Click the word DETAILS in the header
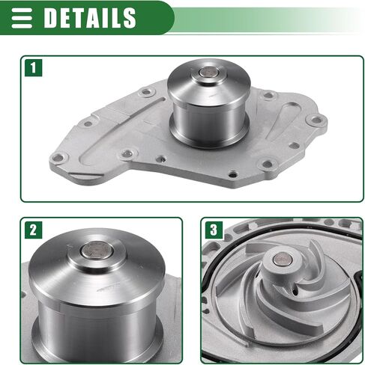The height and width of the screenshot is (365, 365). [90, 17]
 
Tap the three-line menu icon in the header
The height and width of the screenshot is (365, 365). [22, 18]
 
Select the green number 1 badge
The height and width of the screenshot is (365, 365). [34, 67]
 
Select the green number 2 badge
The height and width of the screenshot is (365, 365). [34, 230]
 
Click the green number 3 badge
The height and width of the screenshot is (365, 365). [214, 230]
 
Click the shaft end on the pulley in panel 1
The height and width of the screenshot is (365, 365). [209, 73]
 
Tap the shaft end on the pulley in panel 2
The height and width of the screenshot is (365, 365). [97, 251]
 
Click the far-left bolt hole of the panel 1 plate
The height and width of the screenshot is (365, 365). [58, 158]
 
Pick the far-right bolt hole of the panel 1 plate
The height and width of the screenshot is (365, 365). [316, 120]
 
